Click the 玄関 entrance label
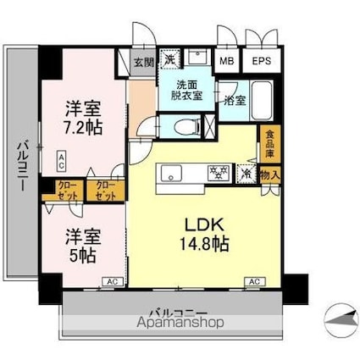(x=143, y=62)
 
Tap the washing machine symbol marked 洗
(x=170, y=60)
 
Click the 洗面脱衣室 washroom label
(x=189, y=91)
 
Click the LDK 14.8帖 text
(x=207, y=234)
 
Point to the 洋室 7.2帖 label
(x=84, y=119)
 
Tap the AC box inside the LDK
(x=252, y=280)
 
